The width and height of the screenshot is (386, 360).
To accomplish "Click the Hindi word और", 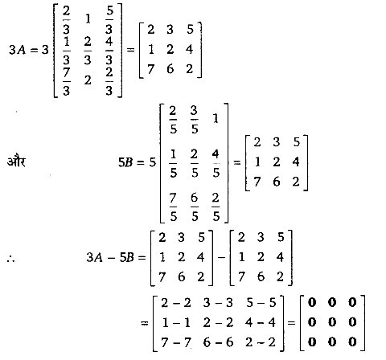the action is (16, 162).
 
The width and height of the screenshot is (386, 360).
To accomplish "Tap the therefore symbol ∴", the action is (11, 258).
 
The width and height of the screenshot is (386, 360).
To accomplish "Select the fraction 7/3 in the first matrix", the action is (67, 81).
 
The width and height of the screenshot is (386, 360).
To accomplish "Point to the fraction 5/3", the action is (109, 20).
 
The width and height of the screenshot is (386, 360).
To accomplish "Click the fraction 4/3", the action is (109, 51).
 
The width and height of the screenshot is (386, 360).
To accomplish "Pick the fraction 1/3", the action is (67, 51).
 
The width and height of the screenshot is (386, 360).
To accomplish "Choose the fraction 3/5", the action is (195, 120).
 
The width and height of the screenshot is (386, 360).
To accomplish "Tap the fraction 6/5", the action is (195, 207).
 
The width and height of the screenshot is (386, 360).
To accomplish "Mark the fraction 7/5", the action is (173, 207).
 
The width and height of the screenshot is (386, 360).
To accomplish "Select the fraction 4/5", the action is (216, 163).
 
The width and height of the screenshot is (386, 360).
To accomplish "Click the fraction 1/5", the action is (173, 163).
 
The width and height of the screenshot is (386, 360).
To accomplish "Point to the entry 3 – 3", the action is (218, 303).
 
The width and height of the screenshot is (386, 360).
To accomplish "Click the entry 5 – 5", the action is (261, 303).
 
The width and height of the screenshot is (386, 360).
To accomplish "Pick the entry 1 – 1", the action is (176, 322).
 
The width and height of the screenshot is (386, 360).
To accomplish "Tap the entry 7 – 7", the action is (176, 342).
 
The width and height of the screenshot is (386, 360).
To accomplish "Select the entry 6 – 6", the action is (218, 342).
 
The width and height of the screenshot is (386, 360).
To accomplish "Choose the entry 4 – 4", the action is (261, 322).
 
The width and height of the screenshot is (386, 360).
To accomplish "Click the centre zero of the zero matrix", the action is (332, 322).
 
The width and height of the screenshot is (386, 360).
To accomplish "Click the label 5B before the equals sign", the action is (125, 162).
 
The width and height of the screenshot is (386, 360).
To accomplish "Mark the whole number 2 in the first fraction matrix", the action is (88, 80).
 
